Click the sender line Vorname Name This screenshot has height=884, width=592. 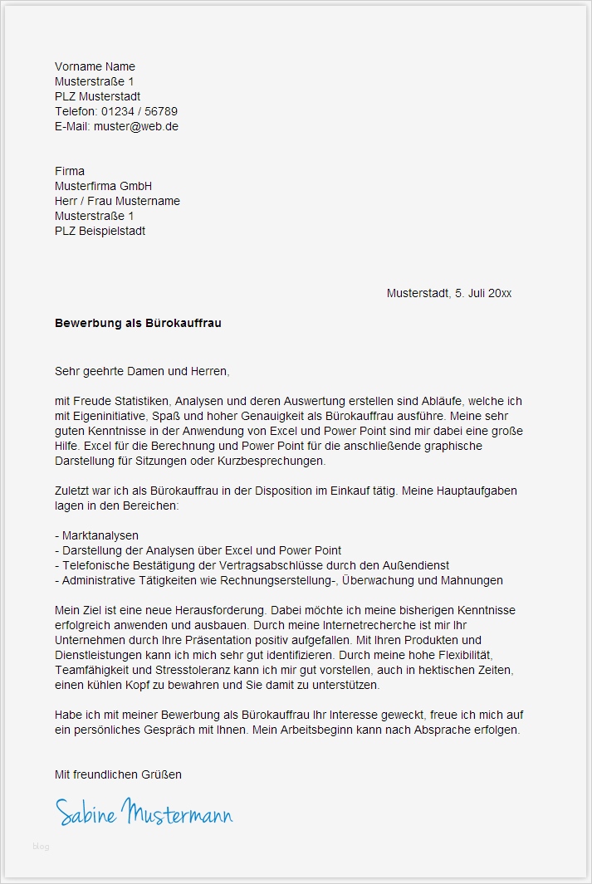(95, 66)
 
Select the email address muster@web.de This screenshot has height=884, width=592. (135, 126)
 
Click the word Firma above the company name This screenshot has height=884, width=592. (70, 171)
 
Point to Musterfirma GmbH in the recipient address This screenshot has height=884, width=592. (103, 186)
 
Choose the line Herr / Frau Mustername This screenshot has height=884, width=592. (117, 201)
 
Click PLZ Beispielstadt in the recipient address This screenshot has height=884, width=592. (100, 231)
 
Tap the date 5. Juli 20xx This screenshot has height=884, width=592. (483, 293)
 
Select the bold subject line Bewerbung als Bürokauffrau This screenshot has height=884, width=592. (138, 323)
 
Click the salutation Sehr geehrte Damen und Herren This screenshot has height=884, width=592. (142, 371)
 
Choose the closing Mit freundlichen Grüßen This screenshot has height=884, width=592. (118, 774)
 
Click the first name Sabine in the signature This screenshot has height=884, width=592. (86, 813)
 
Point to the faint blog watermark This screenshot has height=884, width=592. (41, 847)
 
